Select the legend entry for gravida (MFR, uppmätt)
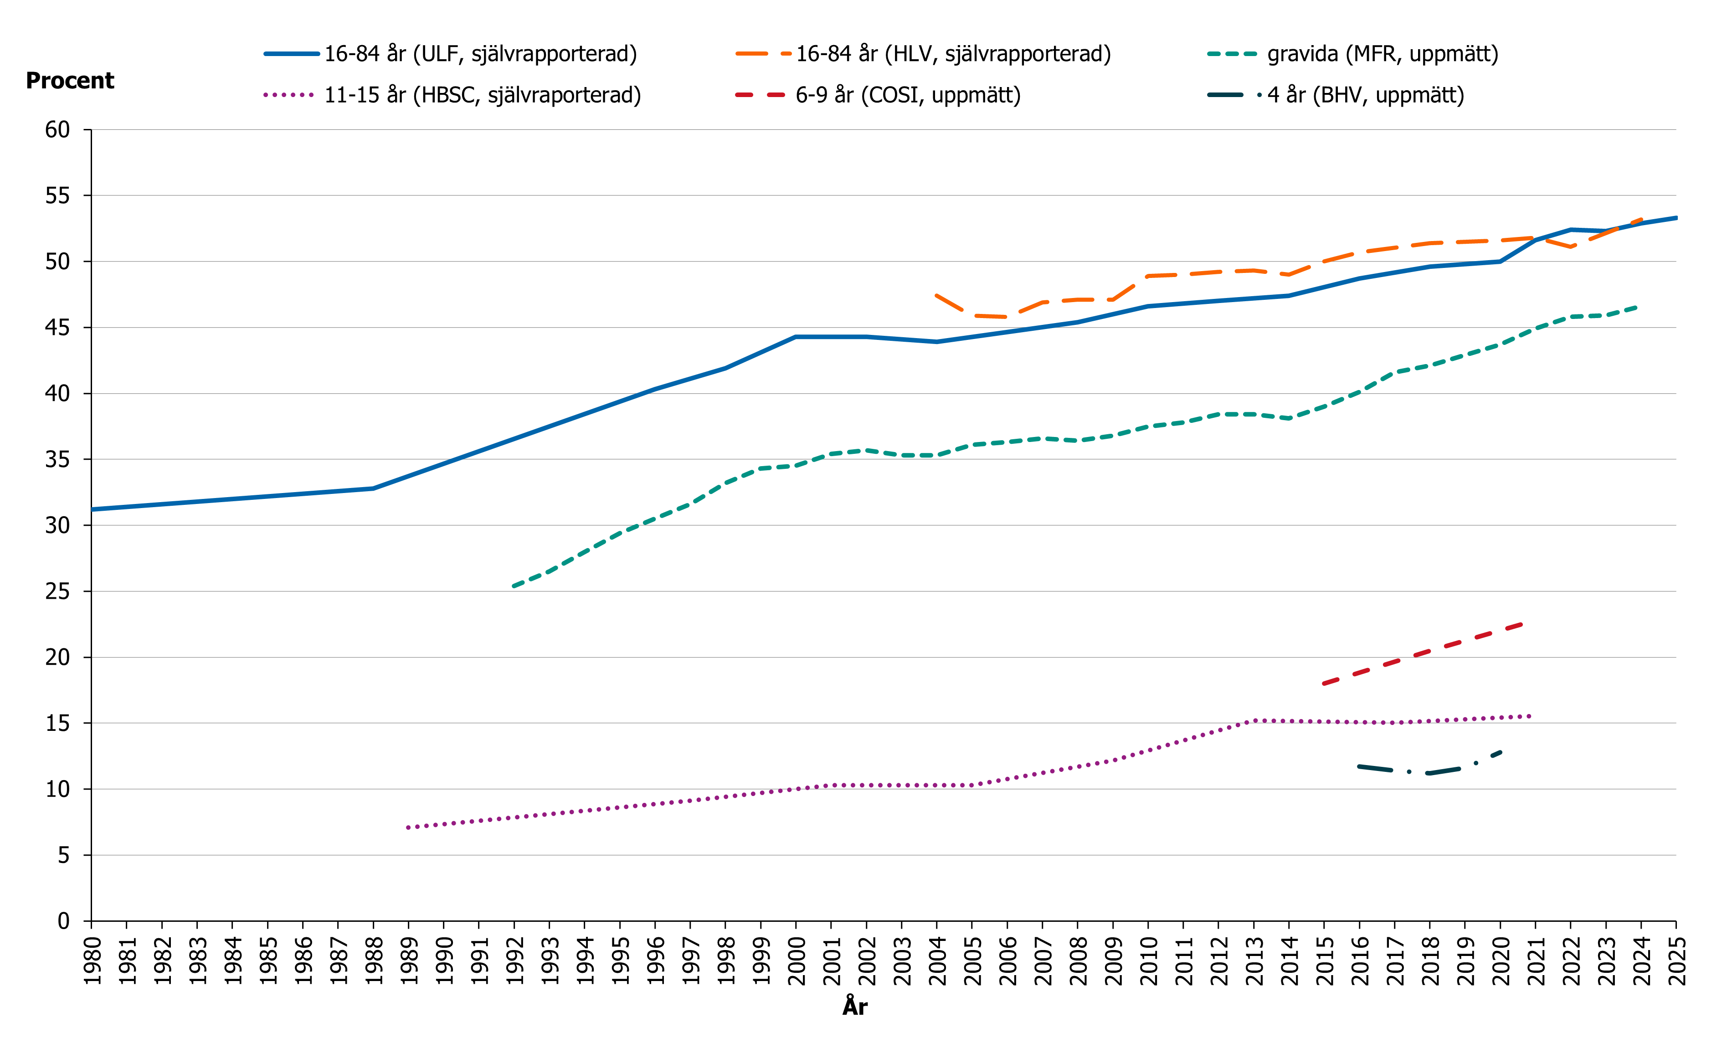[1382, 54]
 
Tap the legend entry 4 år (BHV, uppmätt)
[1365, 95]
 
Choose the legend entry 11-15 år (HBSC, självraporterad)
[482, 95]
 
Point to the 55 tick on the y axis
[57, 195]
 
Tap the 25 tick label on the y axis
[57, 591]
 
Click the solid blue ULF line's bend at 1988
[373, 488]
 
